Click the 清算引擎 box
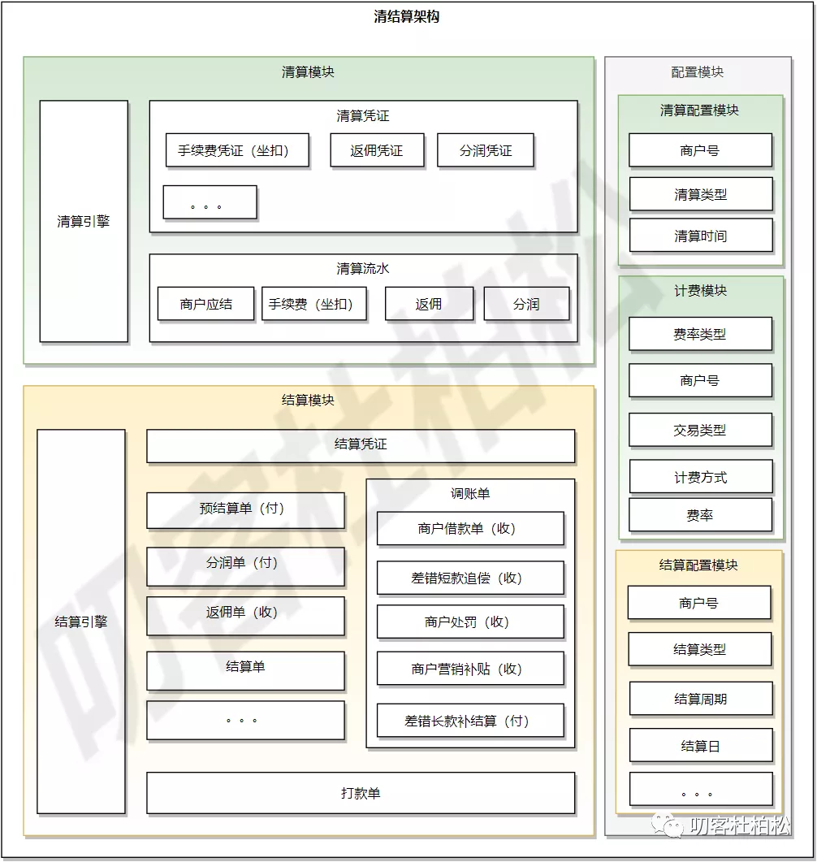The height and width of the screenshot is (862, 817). (84, 221)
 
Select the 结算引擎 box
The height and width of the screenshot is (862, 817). (81, 622)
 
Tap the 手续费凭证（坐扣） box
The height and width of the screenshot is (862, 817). (237, 150)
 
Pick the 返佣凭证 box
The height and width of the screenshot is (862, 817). (377, 150)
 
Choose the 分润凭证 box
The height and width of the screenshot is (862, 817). (486, 150)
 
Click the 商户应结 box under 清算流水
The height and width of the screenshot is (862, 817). (205, 304)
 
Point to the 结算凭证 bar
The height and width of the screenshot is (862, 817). (361, 445)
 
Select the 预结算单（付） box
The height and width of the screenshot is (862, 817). (245, 509)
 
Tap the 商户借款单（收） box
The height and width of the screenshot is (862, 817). (470, 528)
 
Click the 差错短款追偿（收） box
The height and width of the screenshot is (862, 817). (470, 578)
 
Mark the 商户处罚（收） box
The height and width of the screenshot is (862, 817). (470, 622)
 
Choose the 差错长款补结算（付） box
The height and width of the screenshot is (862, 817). (470, 721)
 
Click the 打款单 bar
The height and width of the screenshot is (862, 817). (361, 793)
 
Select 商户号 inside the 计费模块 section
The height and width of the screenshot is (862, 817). (700, 380)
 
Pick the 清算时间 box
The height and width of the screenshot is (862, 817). (700, 236)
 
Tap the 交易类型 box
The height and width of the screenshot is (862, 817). (700, 430)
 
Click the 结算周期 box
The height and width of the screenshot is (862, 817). (700, 699)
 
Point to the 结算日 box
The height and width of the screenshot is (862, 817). (700, 746)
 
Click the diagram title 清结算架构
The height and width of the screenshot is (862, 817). (407, 16)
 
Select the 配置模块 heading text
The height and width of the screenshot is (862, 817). (698, 72)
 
